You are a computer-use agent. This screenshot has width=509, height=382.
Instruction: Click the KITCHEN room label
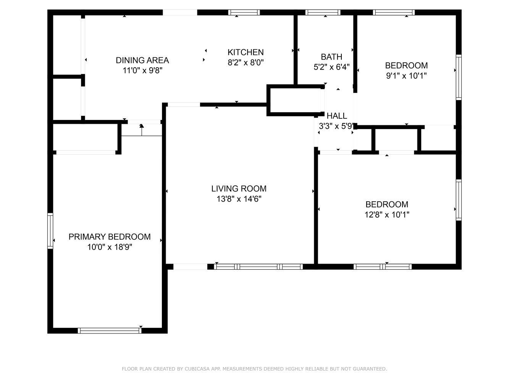pyautogui.click(x=246, y=52)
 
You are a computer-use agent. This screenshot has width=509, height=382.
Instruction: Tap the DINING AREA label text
pyautogui.click(x=142, y=60)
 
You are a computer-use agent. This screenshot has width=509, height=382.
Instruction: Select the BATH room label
pyautogui.click(x=331, y=57)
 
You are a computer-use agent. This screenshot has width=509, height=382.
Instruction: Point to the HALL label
pyautogui.click(x=337, y=116)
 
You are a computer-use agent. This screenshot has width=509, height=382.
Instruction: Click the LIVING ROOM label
pyautogui.click(x=239, y=189)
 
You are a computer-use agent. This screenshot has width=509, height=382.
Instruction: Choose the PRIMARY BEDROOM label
pyautogui.click(x=110, y=236)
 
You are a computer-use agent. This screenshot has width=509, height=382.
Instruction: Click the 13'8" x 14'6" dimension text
pyautogui.click(x=239, y=199)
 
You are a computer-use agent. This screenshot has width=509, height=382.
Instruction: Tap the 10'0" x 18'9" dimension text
pyautogui.click(x=110, y=247)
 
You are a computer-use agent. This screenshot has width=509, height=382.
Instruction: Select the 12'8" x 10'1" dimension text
pyautogui.click(x=387, y=215)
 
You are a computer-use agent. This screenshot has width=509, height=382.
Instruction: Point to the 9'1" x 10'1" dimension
pyautogui.click(x=406, y=76)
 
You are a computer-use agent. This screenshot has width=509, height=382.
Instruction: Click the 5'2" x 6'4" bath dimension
pyautogui.click(x=331, y=67)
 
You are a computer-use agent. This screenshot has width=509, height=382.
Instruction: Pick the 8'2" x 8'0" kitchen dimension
pyautogui.click(x=246, y=63)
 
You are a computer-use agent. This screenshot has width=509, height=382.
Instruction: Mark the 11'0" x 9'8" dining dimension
pyautogui.click(x=142, y=71)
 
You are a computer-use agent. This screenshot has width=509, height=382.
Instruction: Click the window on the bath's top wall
pyautogui.click(x=323, y=13)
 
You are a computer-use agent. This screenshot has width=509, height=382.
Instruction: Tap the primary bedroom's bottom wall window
pyautogui.click(x=109, y=330)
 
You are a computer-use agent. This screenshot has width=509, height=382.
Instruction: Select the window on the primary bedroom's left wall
pyautogui.click(x=50, y=231)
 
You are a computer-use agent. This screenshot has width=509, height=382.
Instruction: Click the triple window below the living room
pyautogui.click(x=258, y=267)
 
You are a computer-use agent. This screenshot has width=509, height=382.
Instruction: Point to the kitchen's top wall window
pyautogui.click(x=244, y=13)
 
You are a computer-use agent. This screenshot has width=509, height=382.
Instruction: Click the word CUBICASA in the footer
pyautogui.click(x=197, y=369)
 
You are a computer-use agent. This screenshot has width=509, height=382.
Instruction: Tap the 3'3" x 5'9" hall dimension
pyautogui.click(x=336, y=126)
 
